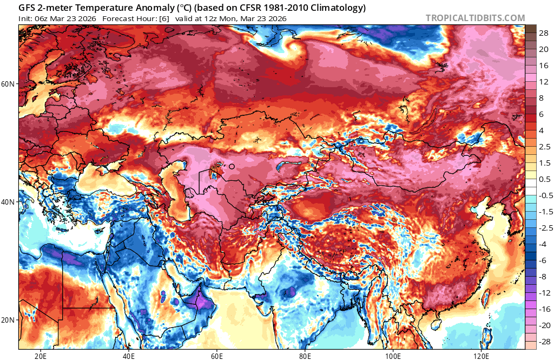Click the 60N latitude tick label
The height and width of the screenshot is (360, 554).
[x=8, y=84]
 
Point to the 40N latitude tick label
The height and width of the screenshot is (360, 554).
[x=8, y=201]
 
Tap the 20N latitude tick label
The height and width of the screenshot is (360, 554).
[x=8, y=319]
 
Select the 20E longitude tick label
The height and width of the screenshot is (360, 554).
[x=41, y=356]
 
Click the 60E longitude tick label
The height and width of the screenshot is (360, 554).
[x=217, y=356]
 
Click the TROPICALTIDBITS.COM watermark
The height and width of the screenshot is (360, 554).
[x=475, y=18]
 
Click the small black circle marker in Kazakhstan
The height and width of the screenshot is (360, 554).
[x=232, y=167]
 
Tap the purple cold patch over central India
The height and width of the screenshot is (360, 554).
[x=292, y=292]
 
